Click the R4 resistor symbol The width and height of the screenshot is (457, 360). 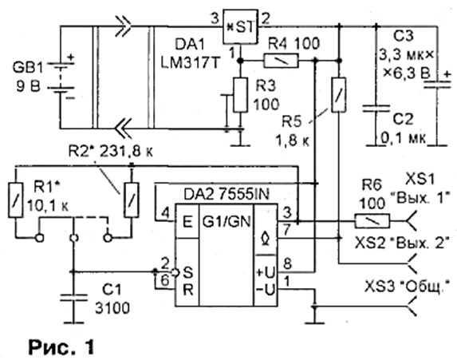pos(281,61)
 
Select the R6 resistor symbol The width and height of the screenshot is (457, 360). pos(372,221)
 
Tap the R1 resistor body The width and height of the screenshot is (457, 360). pos(16,200)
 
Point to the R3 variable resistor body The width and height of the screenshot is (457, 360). pos(241,95)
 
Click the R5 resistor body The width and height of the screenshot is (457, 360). pos(339,95)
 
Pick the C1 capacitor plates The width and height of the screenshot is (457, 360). pos(73,298)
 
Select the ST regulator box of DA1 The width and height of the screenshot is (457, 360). pos(240,27)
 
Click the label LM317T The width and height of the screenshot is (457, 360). pos(190,63)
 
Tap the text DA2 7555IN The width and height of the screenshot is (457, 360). pos(227,195)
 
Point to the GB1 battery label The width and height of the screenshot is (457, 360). pos(27,68)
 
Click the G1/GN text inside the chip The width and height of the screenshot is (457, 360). pos(227,222)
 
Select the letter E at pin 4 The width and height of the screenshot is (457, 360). pos(187,222)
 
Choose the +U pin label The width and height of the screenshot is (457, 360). pos(266,273)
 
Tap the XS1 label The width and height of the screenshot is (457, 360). pos(420,178)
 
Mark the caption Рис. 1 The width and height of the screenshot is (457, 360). pos(61,347)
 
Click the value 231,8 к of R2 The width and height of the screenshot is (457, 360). pos(127,152)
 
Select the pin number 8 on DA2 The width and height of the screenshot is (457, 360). pos(288,264)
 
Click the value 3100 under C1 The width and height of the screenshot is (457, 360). pos(112,308)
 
